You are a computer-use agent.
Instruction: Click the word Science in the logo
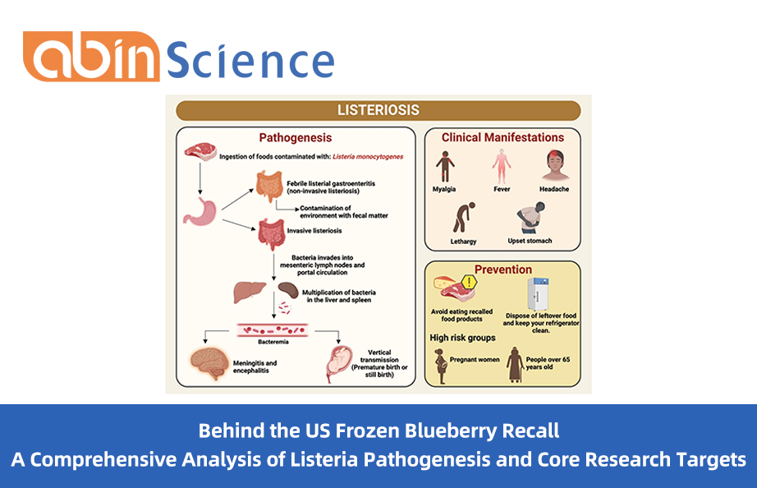(x=251, y=60)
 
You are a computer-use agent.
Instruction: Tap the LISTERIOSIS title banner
(x=378, y=110)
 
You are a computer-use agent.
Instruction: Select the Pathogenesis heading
(x=296, y=138)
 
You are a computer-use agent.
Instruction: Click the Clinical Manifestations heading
(x=502, y=137)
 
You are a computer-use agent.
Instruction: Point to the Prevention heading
(x=503, y=269)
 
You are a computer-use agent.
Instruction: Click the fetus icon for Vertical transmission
(x=341, y=364)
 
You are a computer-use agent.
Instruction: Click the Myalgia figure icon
(x=445, y=167)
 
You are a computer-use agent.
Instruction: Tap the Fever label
(x=501, y=189)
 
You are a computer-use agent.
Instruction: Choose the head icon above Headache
(x=555, y=166)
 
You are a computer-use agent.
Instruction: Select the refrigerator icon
(x=539, y=292)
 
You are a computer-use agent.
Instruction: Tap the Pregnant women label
(x=475, y=360)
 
